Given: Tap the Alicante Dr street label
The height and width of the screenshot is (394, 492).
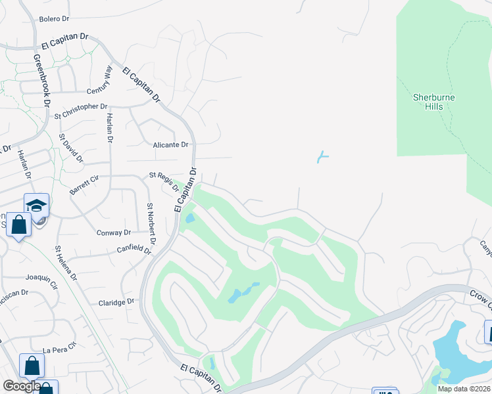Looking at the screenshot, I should click(170, 144).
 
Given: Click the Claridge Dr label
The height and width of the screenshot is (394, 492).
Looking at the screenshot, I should click(116, 302).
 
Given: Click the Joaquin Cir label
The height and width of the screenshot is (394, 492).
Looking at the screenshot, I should click(41, 280).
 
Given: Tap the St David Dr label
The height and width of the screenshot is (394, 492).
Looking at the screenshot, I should click(71, 148).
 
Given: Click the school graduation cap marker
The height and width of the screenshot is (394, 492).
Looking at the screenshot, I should click(37, 205).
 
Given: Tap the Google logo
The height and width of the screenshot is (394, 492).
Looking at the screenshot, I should click(21, 387).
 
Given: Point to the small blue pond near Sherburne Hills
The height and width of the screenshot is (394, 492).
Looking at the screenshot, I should click(322, 157).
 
